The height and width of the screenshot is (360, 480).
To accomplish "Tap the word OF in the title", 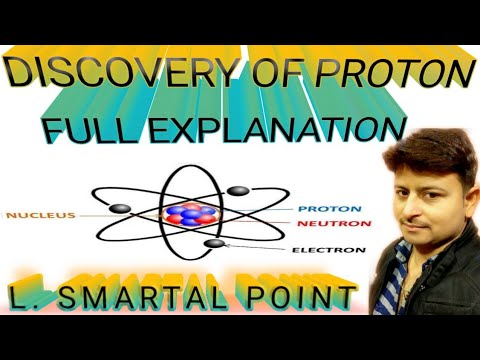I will point(261,74).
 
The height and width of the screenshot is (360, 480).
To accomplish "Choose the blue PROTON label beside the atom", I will point(321,209).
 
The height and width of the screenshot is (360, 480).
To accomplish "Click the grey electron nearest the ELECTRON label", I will point(213,243).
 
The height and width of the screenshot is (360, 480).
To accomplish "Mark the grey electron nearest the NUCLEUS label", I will point(119,208).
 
